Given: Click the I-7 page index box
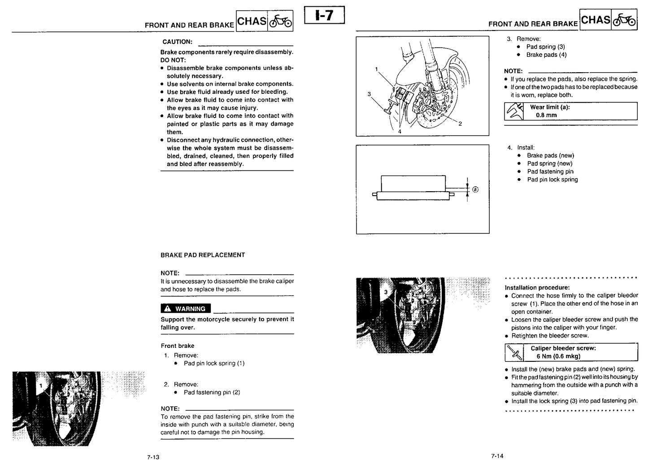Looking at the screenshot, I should point(324,15).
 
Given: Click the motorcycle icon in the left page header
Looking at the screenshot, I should point(280,21).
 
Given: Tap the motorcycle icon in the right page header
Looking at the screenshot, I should point(624,20).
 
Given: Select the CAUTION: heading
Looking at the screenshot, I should point(178,42).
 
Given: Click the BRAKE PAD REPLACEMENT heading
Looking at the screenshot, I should point(203,255).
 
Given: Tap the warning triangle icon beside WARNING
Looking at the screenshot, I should point(168,309).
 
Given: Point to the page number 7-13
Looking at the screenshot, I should point(153,457).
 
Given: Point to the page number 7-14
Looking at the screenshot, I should point(497,456).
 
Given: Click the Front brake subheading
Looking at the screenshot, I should point(178,346).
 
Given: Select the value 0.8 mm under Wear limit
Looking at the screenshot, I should point(546,115).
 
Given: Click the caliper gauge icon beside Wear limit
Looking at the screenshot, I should point(514,111).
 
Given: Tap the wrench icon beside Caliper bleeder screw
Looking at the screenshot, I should point(514,352).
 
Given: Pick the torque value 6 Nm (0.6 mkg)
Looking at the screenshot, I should point(558,356).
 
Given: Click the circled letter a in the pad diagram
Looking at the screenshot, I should point(475,189).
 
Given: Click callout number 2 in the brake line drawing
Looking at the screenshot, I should point(460,124).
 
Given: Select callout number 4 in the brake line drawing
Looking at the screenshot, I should point(400,132).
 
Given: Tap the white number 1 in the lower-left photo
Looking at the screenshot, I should point(41,386).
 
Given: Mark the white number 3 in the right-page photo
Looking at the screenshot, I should point(386,292).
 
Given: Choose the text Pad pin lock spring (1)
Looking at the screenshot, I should point(214,363).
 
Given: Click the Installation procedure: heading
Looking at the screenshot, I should point(537,288).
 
